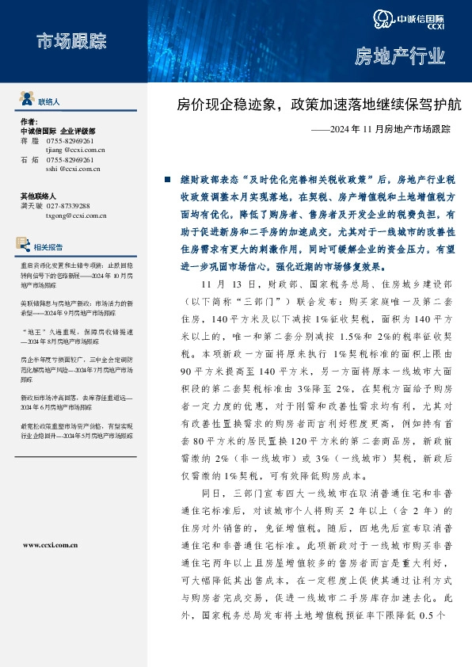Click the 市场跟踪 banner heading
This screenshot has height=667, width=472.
click(70, 42)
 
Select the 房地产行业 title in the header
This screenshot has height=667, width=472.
click(399, 56)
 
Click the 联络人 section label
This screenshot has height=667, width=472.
click(49, 102)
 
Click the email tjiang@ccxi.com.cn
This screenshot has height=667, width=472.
click(76, 149)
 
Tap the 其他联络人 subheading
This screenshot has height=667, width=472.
click(39, 196)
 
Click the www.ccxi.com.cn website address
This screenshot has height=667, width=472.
click(51, 545)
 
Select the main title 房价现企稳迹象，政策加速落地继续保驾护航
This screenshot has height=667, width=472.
click(319, 104)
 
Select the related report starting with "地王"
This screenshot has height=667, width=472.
click(74, 336)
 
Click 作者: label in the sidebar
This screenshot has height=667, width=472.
click(29, 121)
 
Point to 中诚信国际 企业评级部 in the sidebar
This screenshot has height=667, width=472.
click(57, 131)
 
